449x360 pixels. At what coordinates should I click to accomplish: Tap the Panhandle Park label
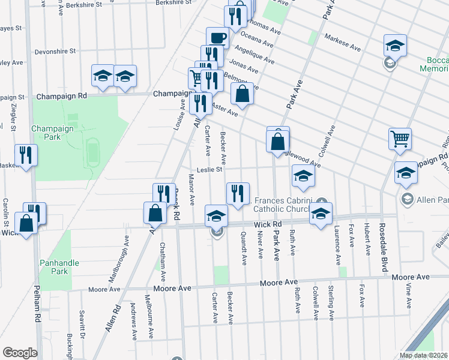click(x=53, y=267)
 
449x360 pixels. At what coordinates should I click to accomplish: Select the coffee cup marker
click(x=217, y=38)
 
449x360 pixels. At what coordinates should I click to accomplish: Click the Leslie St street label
click(x=207, y=170)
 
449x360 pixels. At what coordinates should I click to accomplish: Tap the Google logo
click(x=20, y=353)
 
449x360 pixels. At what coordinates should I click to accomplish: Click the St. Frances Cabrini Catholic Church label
click(x=282, y=205)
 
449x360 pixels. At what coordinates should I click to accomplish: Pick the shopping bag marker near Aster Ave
click(x=242, y=94)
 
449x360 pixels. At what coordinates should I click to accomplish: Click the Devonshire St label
click(x=55, y=52)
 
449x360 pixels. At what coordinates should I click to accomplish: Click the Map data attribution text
click(x=424, y=355)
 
